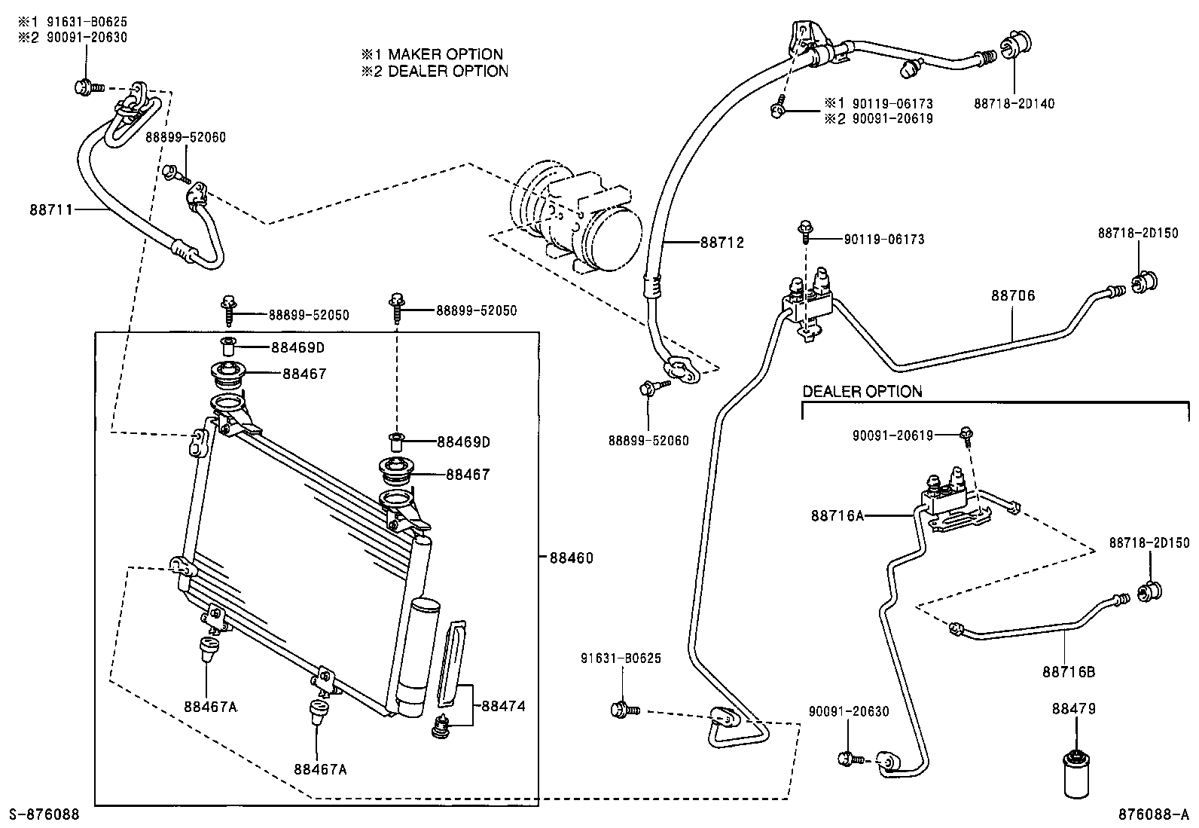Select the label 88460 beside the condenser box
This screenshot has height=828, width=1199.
click(x=571, y=558)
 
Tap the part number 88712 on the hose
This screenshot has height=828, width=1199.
click(x=722, y=243)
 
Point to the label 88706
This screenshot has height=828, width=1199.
click(x=1012, y=295)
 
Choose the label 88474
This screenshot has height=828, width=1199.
click(x=503, y=706)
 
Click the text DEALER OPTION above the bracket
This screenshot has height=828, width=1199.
click(x=862, y=391)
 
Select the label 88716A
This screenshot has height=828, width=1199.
click(x=837, y=516)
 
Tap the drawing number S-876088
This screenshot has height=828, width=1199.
click(x=44, y=814)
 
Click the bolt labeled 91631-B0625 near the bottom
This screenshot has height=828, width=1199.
click(x=624, y=709)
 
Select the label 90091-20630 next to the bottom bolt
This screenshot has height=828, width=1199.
click(x=849, y=710)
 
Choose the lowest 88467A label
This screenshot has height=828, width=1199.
click(x=320, y=768)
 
